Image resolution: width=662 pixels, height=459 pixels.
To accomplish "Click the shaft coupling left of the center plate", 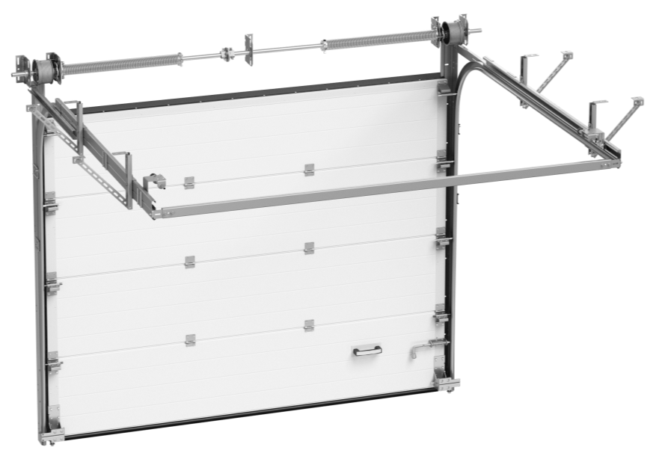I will pos(226,53).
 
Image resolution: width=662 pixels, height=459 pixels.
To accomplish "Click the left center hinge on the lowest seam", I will pos(189,339).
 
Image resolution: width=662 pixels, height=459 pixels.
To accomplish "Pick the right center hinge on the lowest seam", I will pos(309,324).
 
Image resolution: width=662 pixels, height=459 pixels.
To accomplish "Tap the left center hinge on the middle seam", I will pos(189,259).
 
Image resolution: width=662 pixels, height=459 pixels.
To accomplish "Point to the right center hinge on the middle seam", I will pos(309,247).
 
